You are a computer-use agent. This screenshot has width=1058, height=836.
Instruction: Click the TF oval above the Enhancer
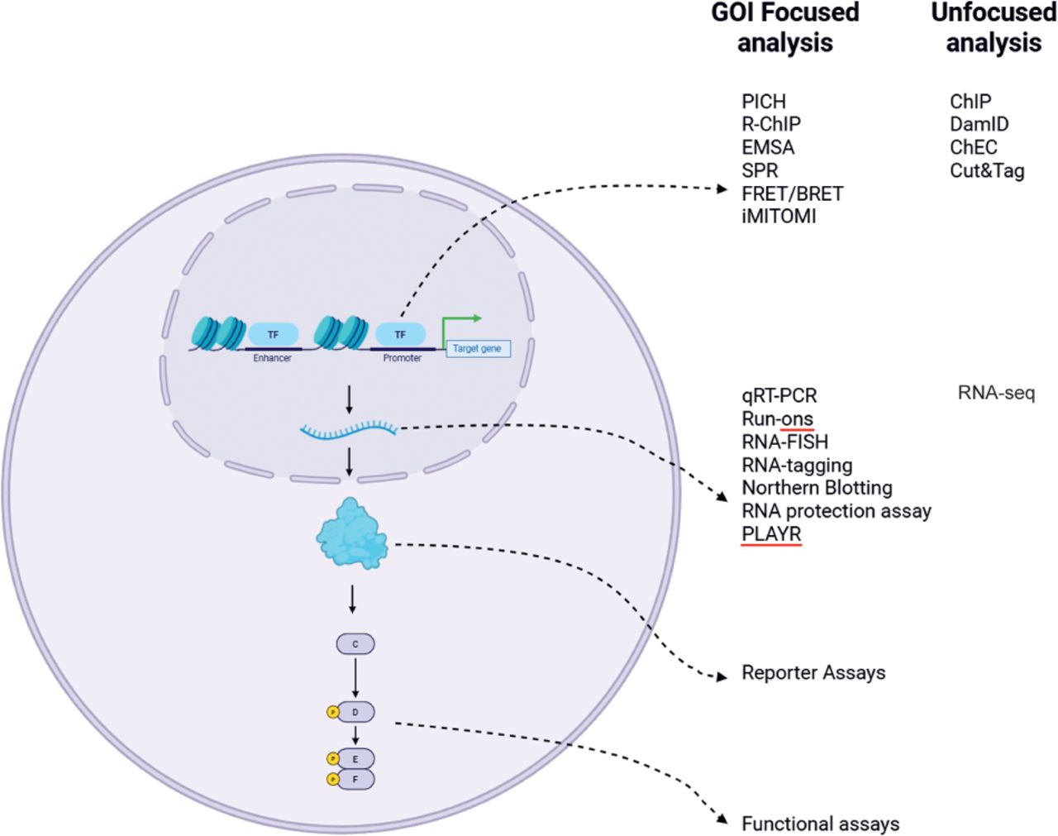(x=273, y=334)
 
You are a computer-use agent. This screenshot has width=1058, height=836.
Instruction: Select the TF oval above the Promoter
(x=400, y=334)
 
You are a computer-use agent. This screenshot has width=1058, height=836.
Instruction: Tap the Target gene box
(x=477, y=349)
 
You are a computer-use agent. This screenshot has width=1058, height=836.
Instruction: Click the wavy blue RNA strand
(x=349, y=429)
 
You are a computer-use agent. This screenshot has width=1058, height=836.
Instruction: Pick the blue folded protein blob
(x=351, y=534)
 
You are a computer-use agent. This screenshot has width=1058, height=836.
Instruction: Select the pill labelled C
(x=355, y=643)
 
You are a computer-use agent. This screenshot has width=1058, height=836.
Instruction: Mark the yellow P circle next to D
(x=333, y=712)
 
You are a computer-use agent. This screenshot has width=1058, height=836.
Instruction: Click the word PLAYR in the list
(x=771, y=534)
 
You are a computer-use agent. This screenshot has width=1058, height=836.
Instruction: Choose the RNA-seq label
(x=996, y=394)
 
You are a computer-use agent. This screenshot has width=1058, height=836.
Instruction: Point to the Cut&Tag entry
(x=987, y=170)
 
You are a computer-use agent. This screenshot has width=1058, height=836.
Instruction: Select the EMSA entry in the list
(x=768, y=147)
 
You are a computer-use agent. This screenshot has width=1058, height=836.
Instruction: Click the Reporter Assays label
(x=813, y=673)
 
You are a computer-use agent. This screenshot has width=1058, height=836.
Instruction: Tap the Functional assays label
(x=820, y=824)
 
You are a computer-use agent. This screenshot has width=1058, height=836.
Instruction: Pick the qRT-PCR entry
(x=779, y=395)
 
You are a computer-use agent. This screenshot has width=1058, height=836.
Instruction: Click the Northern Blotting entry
(x=817, y=488)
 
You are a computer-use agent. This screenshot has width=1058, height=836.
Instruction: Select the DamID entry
(x=979, y=124)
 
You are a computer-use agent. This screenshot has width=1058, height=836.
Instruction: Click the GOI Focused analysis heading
(x=784, y=27)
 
